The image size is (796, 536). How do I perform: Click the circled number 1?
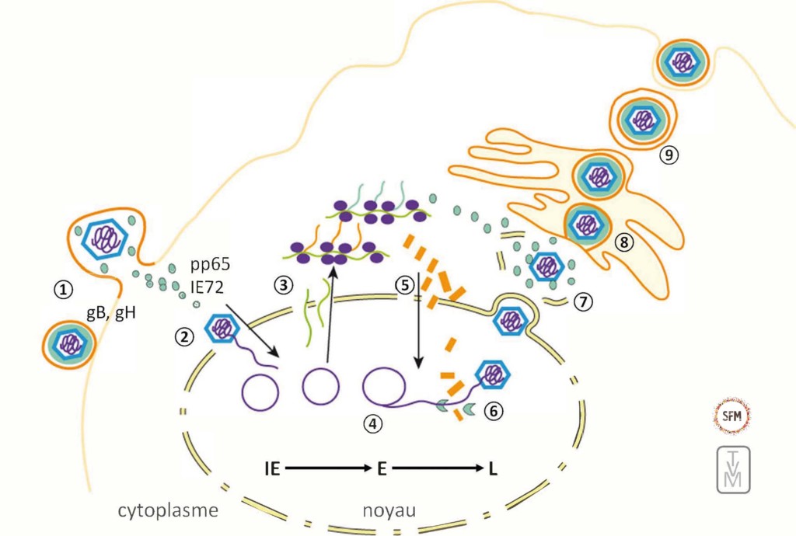[63, 288]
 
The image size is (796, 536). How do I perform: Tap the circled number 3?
[282, 285]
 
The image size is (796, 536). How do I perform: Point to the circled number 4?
[373, 423]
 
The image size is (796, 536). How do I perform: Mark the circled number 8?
[623, 242]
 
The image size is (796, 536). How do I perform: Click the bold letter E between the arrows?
[382, 468]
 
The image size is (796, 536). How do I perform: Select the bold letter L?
[494, 468]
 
